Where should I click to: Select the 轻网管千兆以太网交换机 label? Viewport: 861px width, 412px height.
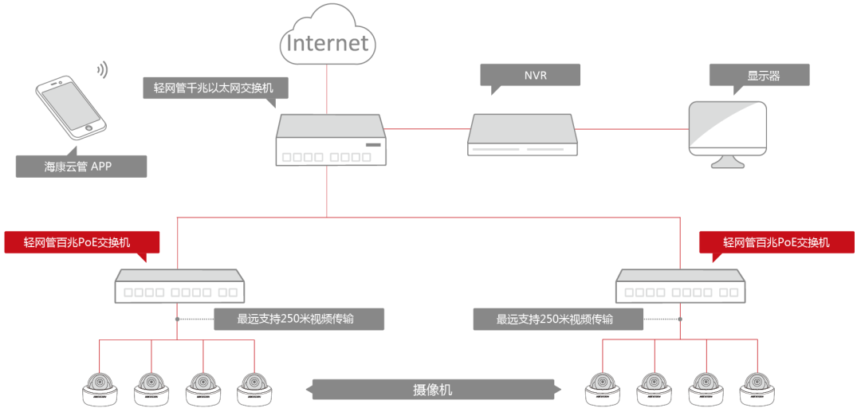(214, 88)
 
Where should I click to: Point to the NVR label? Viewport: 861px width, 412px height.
(529, 75)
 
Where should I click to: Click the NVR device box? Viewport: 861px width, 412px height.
(522, 135)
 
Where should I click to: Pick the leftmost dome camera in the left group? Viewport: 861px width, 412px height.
(100, 388)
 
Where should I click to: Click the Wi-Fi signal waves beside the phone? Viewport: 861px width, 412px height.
(102, 70)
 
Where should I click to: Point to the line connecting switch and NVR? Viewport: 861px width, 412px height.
(427, 128)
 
